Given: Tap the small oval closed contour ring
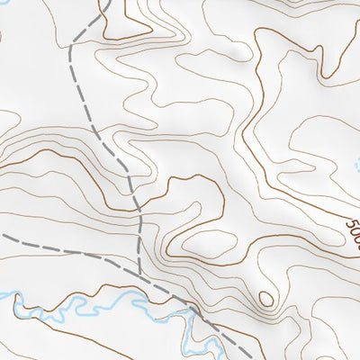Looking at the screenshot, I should [265, 298].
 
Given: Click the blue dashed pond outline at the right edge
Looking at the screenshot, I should [353, 166].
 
